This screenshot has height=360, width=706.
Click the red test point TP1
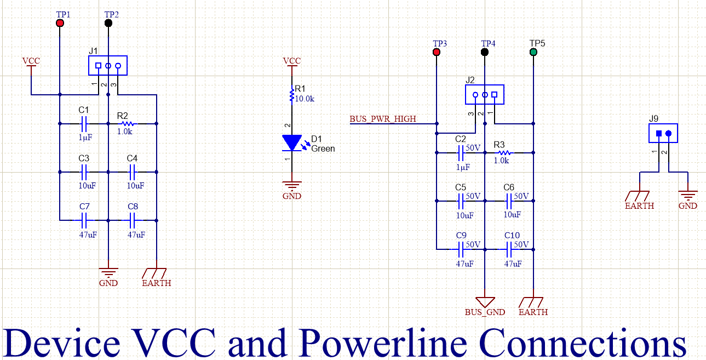tap(60, 23)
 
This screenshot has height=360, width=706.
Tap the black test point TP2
tap(108, 23)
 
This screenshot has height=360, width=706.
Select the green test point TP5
tap(533, 52)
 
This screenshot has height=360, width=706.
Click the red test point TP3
tap(437, 52)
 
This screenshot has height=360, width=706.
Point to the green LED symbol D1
tap(291, 142)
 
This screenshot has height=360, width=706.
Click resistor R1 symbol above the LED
tap(291, 96)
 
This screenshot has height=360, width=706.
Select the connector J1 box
tap(108, 66)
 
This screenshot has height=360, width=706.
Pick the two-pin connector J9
tap(663, 133)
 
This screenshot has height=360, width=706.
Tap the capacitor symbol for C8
tap(133, 220)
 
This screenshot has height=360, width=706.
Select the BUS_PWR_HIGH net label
tap(382, 118)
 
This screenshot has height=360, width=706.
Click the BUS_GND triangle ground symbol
tap(485, 302)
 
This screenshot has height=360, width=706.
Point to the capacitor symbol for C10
tap(509, 249)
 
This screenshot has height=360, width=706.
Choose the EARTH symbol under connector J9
tap(639, 195)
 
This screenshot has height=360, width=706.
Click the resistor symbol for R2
tap(126, 123)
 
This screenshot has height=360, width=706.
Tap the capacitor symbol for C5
tap(461, 201)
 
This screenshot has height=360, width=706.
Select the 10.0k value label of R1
tap(305, 99)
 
